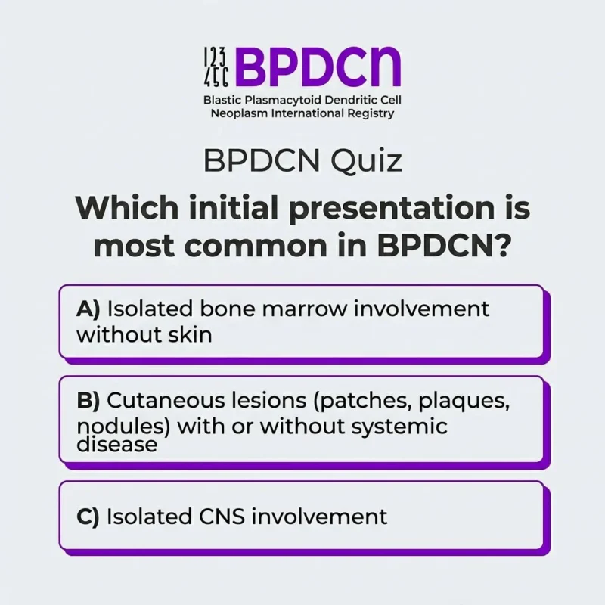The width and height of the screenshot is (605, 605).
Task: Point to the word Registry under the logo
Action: (x=368, y=113)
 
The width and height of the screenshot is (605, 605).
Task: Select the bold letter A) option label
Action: (x=89, y=309)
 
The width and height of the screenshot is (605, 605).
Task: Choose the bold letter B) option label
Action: (x=89, y=400)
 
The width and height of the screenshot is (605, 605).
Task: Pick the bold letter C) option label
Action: (x=89, y=517)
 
